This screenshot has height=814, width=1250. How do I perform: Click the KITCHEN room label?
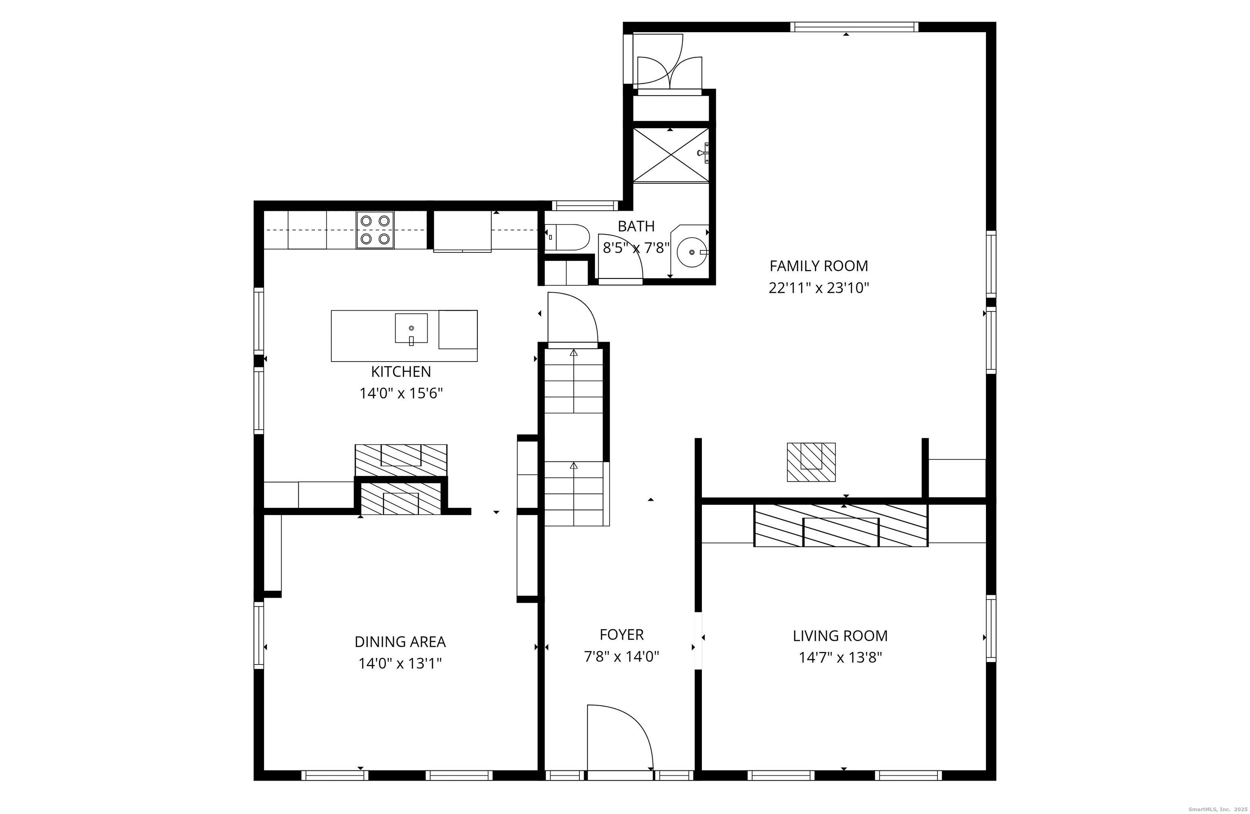tap(401, 371)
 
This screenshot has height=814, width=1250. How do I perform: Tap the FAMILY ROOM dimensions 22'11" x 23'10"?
tap(819, 288)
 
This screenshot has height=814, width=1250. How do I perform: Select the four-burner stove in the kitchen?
tap(375, 230)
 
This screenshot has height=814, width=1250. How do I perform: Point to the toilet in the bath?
tap(566, 237)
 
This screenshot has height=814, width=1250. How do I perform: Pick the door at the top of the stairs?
tap(572, 318)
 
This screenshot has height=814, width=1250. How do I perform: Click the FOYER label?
tap(621, 634)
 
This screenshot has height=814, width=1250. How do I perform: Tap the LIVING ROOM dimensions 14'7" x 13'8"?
tap(840, 657)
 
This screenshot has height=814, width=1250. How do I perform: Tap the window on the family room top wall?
tap(854, 27)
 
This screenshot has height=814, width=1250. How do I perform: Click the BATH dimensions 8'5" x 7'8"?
tap(636, 248)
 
